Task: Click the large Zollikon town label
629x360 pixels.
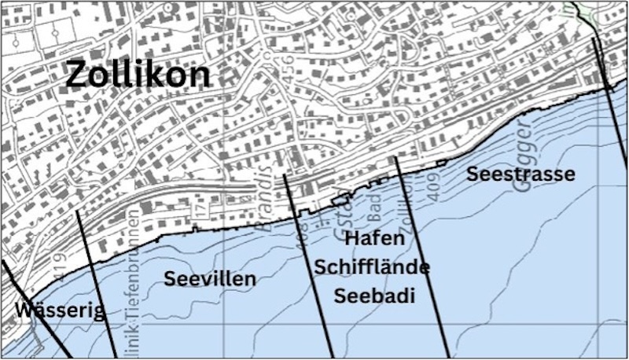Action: [x=138, y=75]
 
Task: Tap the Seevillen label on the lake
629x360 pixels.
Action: [x=210, y=278]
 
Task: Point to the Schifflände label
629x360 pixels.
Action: [x=372, y=267]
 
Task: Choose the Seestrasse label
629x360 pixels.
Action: [x=520, y=174]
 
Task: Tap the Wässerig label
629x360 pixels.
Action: [x=59, y=311]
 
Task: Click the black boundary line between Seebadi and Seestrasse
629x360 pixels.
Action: [x=421, y=252]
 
